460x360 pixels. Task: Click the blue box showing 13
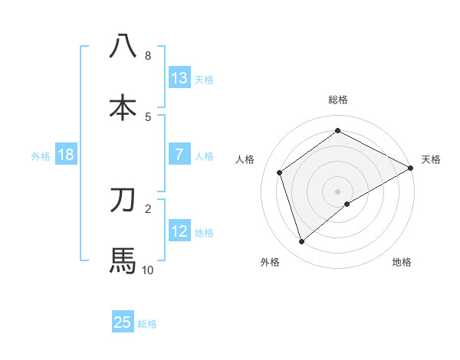[179, 77]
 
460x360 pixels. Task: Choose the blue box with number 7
[179, 154]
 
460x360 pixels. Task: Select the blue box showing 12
[179, 231]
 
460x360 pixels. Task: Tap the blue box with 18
[66, 155]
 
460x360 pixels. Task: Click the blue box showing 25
[123, 322]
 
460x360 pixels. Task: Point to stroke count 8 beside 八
[148, 56]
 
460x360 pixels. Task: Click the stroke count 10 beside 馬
[148, 270]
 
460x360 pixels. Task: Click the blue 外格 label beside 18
[41, 155]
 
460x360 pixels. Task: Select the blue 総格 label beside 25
[147, 324]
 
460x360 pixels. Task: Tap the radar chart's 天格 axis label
[431, 159]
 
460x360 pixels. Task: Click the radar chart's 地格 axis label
[402, 262]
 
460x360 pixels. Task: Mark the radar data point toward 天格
[411, 168]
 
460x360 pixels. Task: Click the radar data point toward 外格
[301, 242]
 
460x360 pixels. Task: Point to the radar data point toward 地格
[347, 204]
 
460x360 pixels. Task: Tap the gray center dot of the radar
[338, 191]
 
